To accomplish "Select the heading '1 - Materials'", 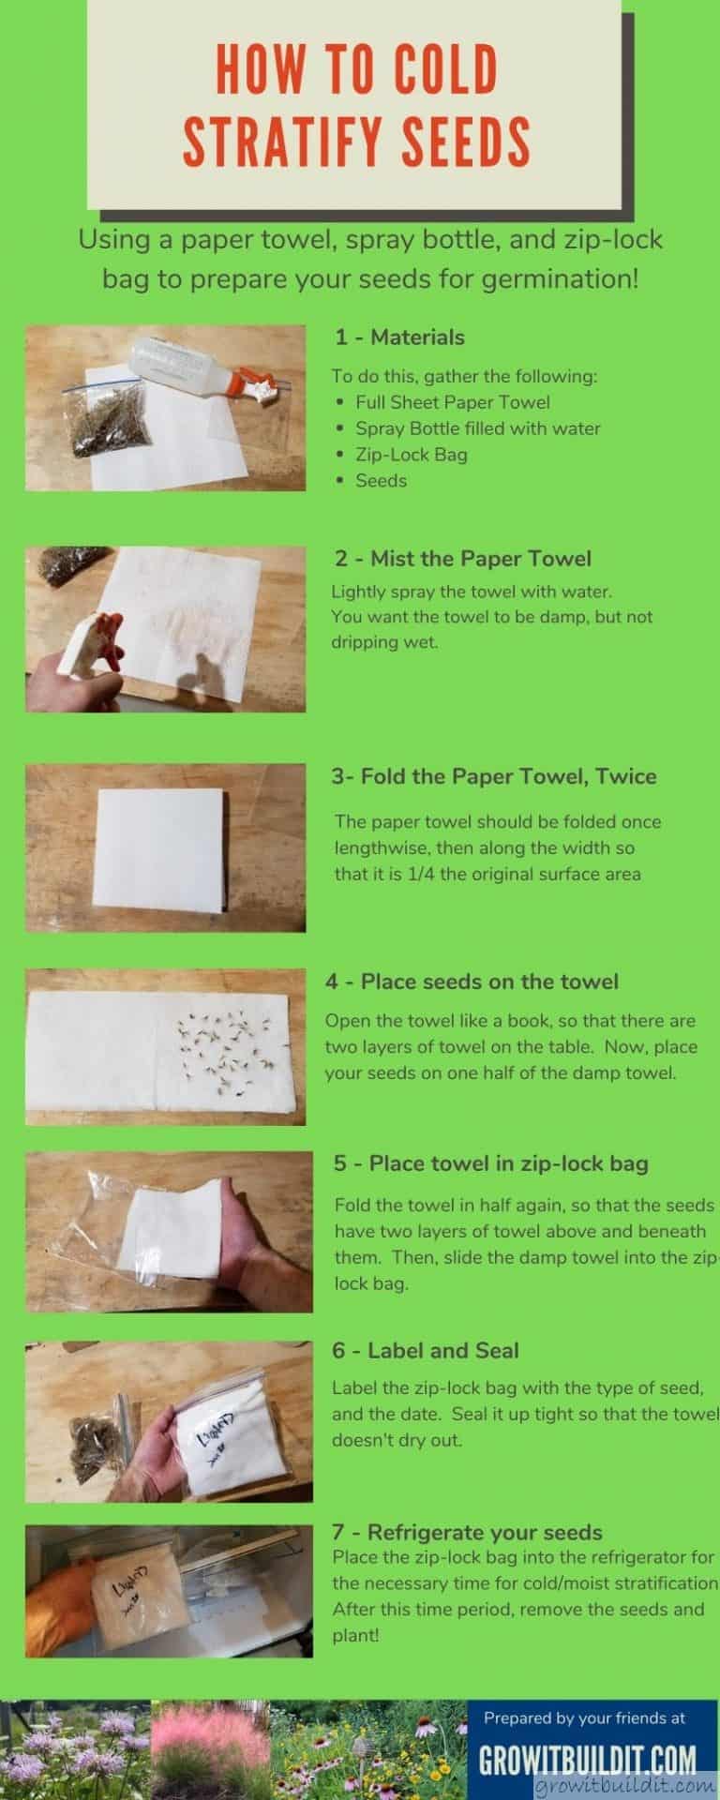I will click(399, 337).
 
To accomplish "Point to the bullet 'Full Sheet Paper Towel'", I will click(452, 402).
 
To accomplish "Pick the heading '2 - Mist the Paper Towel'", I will click(463, 559).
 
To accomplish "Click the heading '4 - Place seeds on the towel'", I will click(472, 982).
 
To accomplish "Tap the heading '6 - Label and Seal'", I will click(425, 1350).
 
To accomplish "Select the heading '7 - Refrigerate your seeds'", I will click(467, 1532).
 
